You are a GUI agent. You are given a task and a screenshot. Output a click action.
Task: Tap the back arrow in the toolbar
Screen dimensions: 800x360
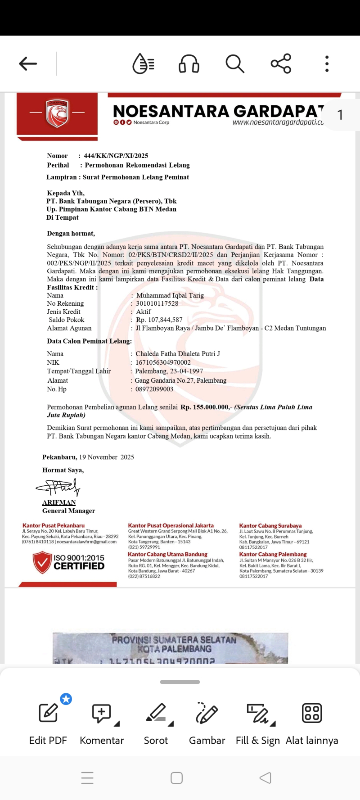coord(28,63)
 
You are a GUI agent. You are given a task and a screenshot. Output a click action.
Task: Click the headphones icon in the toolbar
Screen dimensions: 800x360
coord(189,63)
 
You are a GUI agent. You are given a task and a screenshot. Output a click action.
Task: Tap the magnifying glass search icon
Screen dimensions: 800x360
coord(235,63)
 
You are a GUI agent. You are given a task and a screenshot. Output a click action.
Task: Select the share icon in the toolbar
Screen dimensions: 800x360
coord(281,63)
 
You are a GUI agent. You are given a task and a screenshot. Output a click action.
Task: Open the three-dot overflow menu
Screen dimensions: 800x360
coord(327,63)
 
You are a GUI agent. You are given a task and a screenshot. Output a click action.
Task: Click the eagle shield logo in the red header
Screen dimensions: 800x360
coord(57,113)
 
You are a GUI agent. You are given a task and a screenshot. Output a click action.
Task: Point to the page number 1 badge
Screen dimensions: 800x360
coord(340,115)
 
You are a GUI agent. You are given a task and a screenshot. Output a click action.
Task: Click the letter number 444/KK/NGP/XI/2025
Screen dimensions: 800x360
coord(116,156)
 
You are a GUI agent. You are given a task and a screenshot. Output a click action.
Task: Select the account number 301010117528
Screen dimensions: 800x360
coord(157,303)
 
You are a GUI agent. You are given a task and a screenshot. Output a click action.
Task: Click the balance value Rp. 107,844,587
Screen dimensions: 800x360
coord(159,320)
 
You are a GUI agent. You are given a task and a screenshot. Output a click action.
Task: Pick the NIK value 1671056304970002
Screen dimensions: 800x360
coord(163,362)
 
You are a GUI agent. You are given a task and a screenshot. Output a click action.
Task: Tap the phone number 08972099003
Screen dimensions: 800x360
coord(154,389)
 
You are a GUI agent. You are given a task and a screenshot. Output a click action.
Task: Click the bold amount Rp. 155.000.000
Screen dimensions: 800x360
coord(205,407)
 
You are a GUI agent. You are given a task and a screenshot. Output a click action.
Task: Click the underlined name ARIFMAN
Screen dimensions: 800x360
coord(59,502)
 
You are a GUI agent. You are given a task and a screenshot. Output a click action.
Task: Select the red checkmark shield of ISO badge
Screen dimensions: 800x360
coord(42,562)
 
